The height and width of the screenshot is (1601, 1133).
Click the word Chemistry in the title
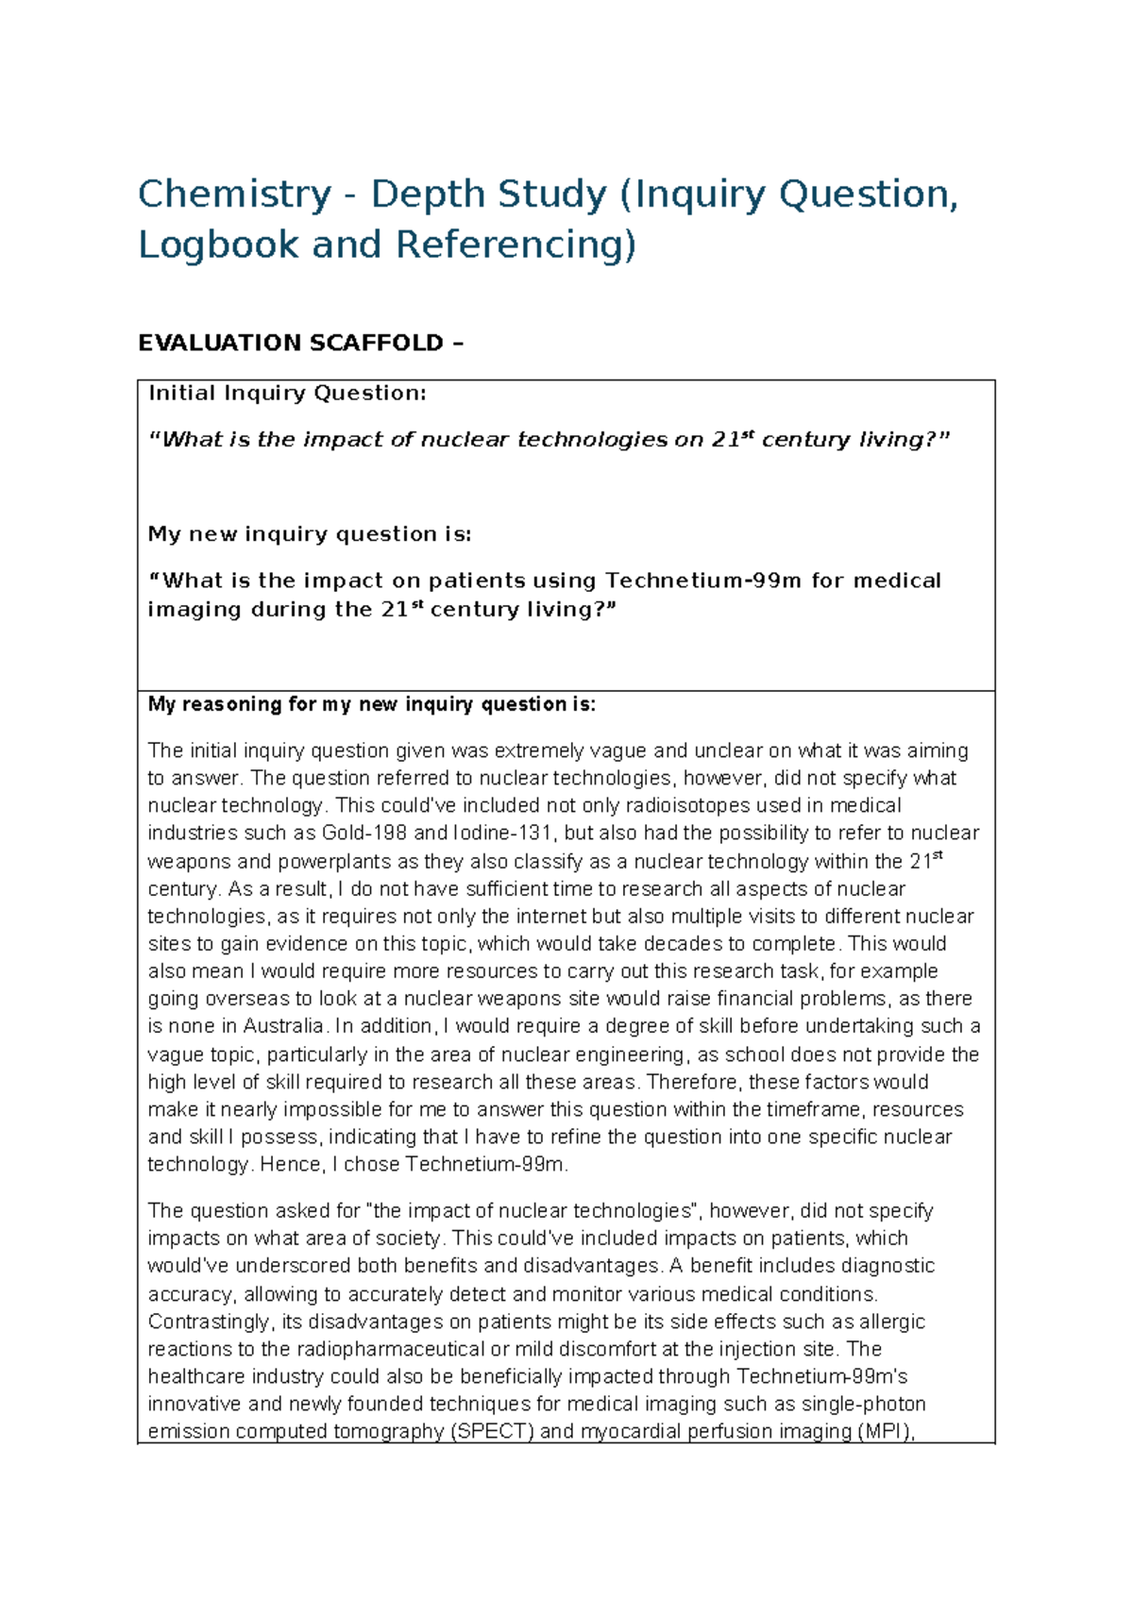(234, 195)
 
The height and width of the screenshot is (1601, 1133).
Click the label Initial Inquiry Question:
(287, 394)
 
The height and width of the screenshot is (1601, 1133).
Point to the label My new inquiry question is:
(309, 534)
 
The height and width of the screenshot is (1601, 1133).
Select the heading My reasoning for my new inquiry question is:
(372, 704)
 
